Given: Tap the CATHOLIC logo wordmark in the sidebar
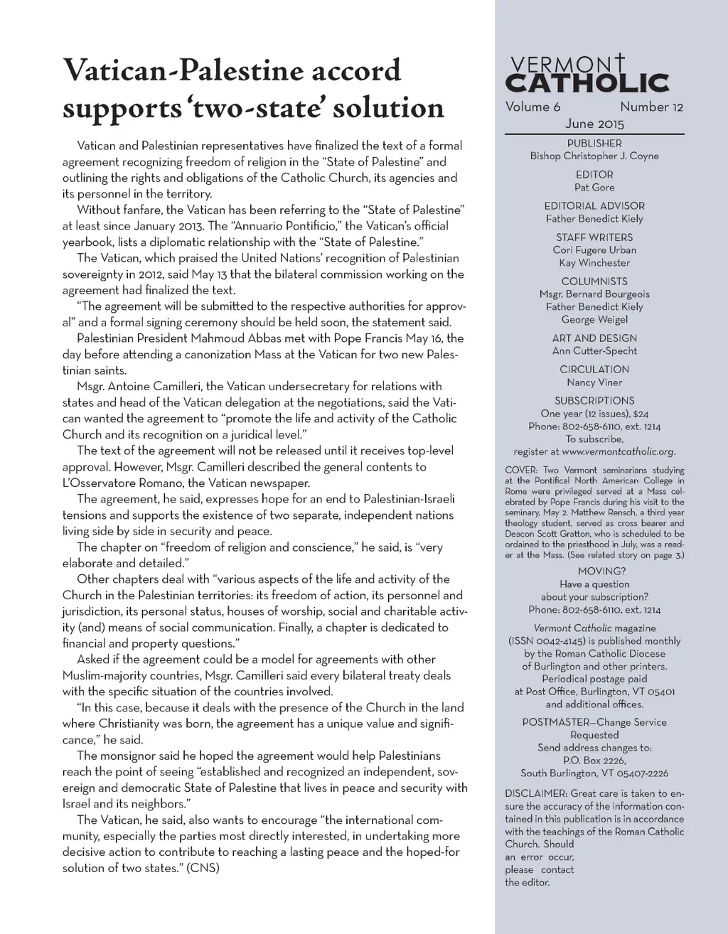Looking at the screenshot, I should click(587, 84).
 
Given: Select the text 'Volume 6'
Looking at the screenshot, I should click(532, 107).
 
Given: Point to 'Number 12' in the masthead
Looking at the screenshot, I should click(651, 107).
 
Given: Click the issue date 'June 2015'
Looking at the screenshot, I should click(594, 124).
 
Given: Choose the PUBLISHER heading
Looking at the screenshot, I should click(594, 144).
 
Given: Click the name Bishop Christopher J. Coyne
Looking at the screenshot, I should click(594, 156).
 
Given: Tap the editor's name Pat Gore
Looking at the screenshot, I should click(594, 187).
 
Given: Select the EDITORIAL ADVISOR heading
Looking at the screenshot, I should click(594, 206).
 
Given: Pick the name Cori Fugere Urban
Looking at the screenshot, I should click(594, 249).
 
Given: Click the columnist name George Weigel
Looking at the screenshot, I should click(594, 319).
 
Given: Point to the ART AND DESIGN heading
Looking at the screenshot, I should click(594, 338).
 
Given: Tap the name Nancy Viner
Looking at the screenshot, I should click(594, 382).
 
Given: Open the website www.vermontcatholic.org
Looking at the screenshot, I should click(618, 451).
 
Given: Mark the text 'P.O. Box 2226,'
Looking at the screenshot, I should click(594, 760).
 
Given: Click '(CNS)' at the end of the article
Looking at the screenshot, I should click(203, 868).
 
